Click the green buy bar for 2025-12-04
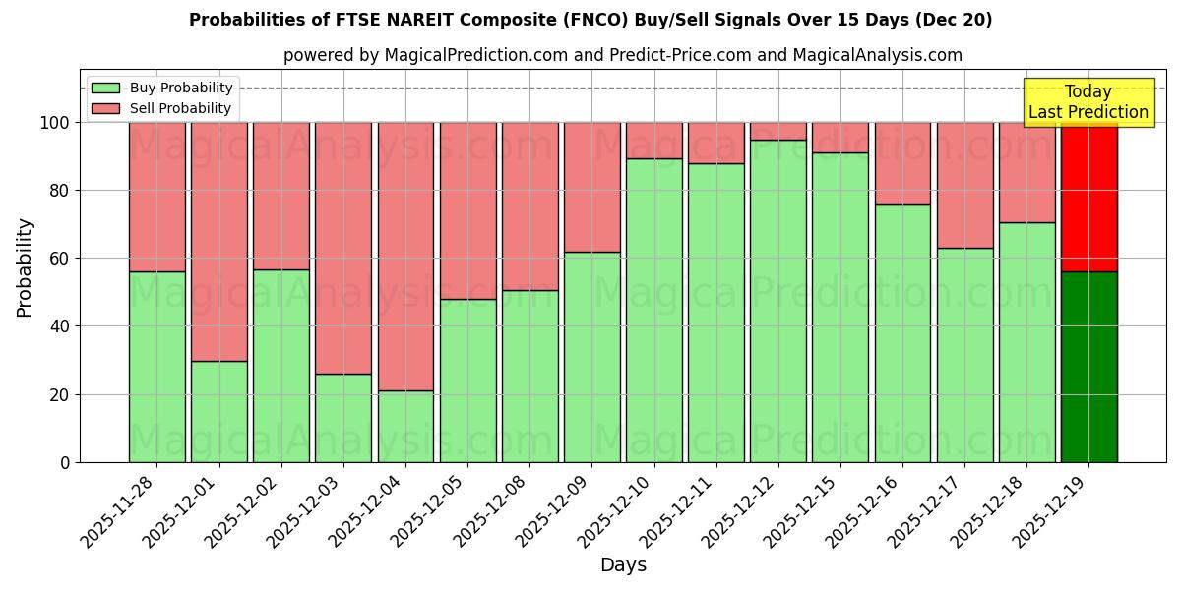click(x=405, y=426)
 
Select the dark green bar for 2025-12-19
click(x=1088, y=367)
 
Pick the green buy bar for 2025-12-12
click(x=778, y=301)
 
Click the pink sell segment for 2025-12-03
click(x=343, y=248)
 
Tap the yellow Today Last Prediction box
click(x=1088, y=102)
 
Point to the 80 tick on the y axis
click(x=60, y=191)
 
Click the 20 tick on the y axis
click(x=60, y=394)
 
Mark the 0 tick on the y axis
click(x=65, y=462)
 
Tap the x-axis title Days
click(x=623, y=565)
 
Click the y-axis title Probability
click(x=25, y=266)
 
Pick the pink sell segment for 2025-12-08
click(x=530, y=206)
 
